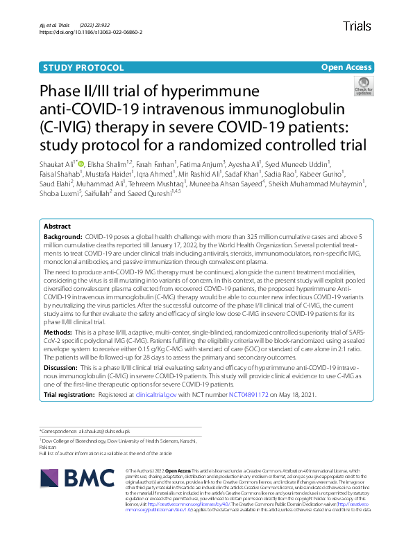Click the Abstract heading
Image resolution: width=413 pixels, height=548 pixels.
(56, 227)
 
